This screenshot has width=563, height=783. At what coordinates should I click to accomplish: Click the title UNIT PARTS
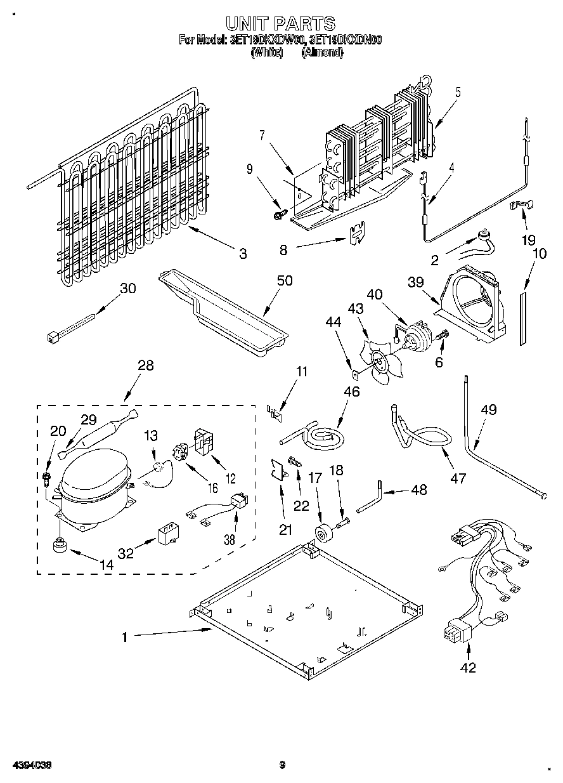coord(281,23)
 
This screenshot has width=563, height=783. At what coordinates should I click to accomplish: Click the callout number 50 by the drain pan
coord(285,280)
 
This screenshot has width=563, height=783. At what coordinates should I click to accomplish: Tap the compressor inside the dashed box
coord(95,485)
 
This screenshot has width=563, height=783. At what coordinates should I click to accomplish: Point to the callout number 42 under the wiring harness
coord(469,667)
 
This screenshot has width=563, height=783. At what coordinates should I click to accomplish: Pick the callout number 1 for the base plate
coord(124,637)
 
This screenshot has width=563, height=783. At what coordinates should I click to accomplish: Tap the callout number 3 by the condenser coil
coord(243,254)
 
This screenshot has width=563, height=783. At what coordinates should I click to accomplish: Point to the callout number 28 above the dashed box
coord(145,365)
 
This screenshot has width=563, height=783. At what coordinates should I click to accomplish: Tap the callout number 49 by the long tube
coord(488,410)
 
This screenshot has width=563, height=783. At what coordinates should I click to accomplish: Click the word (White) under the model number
coord(266,53)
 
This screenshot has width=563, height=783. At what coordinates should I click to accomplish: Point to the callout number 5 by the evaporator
coord(457,92)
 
